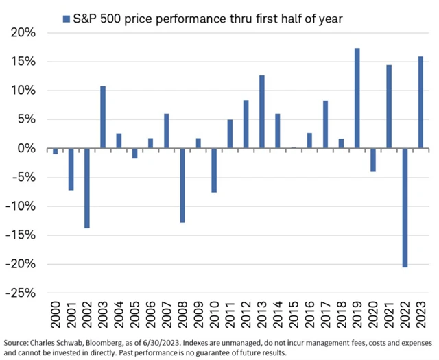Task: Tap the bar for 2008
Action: click(x=182, y=185)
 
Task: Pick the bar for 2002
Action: click(x=87, y=188)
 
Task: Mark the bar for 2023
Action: click(x=420, y=102)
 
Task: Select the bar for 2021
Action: click(x=389, y=106)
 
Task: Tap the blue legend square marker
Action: click(x=67, y=19)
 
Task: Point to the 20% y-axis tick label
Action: click(x=27, y=33)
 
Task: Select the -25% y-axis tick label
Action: click(x=25, y=293)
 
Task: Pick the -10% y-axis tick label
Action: click(x=25, y=206)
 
